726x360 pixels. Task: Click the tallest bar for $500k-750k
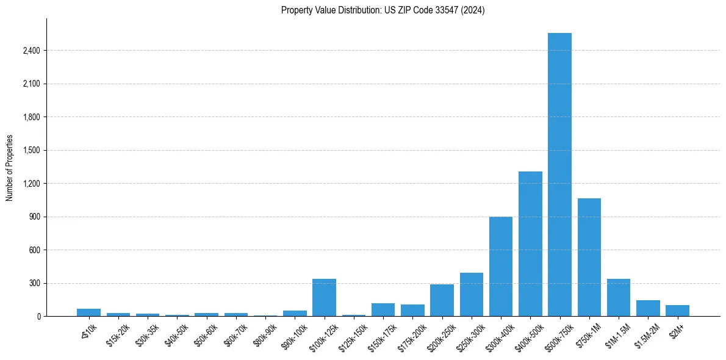pyautogui.click(x=559, y=175)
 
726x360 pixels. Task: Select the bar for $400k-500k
pyautogui.click(x=530, y=244)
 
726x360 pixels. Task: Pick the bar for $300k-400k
pyautogui.click(x=501, y=267)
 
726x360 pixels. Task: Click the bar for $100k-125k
pyautogui.click(x=324, y=298)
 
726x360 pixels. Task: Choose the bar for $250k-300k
pyautogui.click(x=471, y=295)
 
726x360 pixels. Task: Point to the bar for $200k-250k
pyautogui.click(x=442, y=300)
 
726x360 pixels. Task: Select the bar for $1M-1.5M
pyautogui.click(x=618, y=298)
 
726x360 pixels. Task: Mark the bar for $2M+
pyautogui.click(x=677, y=311)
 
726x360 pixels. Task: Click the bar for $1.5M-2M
pyautogui.click(x=648, y=308)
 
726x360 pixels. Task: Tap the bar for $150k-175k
pyautogui.click(x=383, y=310)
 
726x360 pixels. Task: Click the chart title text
pyautogui.click(x=383, y=10)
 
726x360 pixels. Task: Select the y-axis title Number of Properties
pyautogui.click(x=10, y=168)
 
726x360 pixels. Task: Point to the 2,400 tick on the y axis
pyautogui.click(x=31, y=51)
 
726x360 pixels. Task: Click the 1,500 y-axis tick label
pyautogui.click(x=31, y=150)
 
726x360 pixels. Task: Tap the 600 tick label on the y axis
pyautogui.click(x=34, y=250)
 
